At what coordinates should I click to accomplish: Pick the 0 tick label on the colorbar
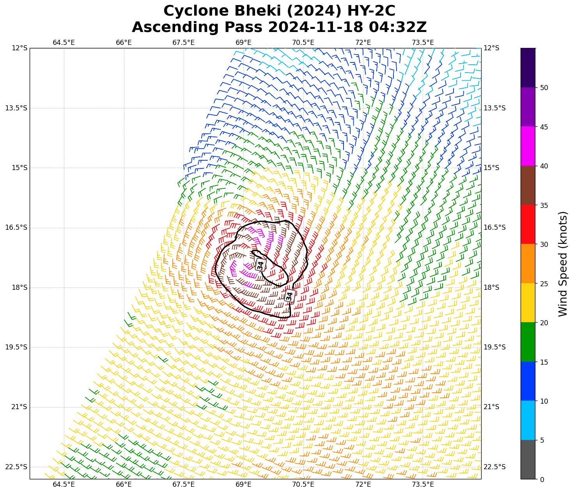(x=542, y=479)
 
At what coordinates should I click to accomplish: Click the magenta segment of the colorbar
(x=528, y=146)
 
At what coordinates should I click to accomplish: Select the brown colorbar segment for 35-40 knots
(x=528, y=186)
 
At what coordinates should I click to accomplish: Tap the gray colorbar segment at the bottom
(x=528, y=459)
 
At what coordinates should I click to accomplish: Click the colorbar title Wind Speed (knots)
(x=563, y=264)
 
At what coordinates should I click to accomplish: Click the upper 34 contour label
(x=260, y=265)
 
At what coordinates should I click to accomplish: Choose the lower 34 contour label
(x=289, y=296)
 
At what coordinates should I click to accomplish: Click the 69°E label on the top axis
(x=243, y=42)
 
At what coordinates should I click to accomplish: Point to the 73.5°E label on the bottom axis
(x=423, y=485)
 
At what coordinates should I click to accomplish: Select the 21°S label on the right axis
(x=491, y=407)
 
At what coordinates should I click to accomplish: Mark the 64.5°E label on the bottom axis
(x=64, y=485)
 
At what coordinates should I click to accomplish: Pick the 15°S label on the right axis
(x=491, y=168)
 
